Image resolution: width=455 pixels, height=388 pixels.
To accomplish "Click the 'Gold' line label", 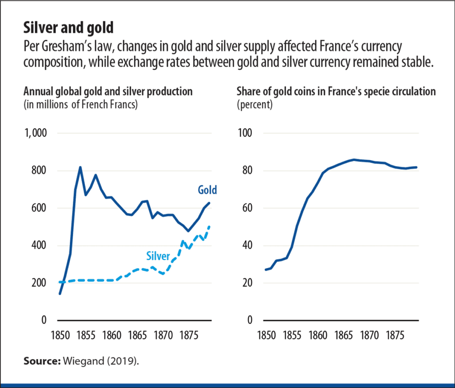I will pos(207,190).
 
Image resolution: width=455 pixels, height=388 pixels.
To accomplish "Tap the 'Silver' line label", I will pos(158,256).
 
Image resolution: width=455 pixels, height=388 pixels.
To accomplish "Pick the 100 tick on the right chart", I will pos(246,134).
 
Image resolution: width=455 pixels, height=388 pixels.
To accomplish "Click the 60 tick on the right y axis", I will pos(248,208).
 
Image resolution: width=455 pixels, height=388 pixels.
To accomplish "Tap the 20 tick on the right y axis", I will pos(248,283).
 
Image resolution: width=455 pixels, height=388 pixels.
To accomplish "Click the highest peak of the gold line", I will pos(80,167).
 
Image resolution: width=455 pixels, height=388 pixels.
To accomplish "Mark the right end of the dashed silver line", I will pos(209,226).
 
